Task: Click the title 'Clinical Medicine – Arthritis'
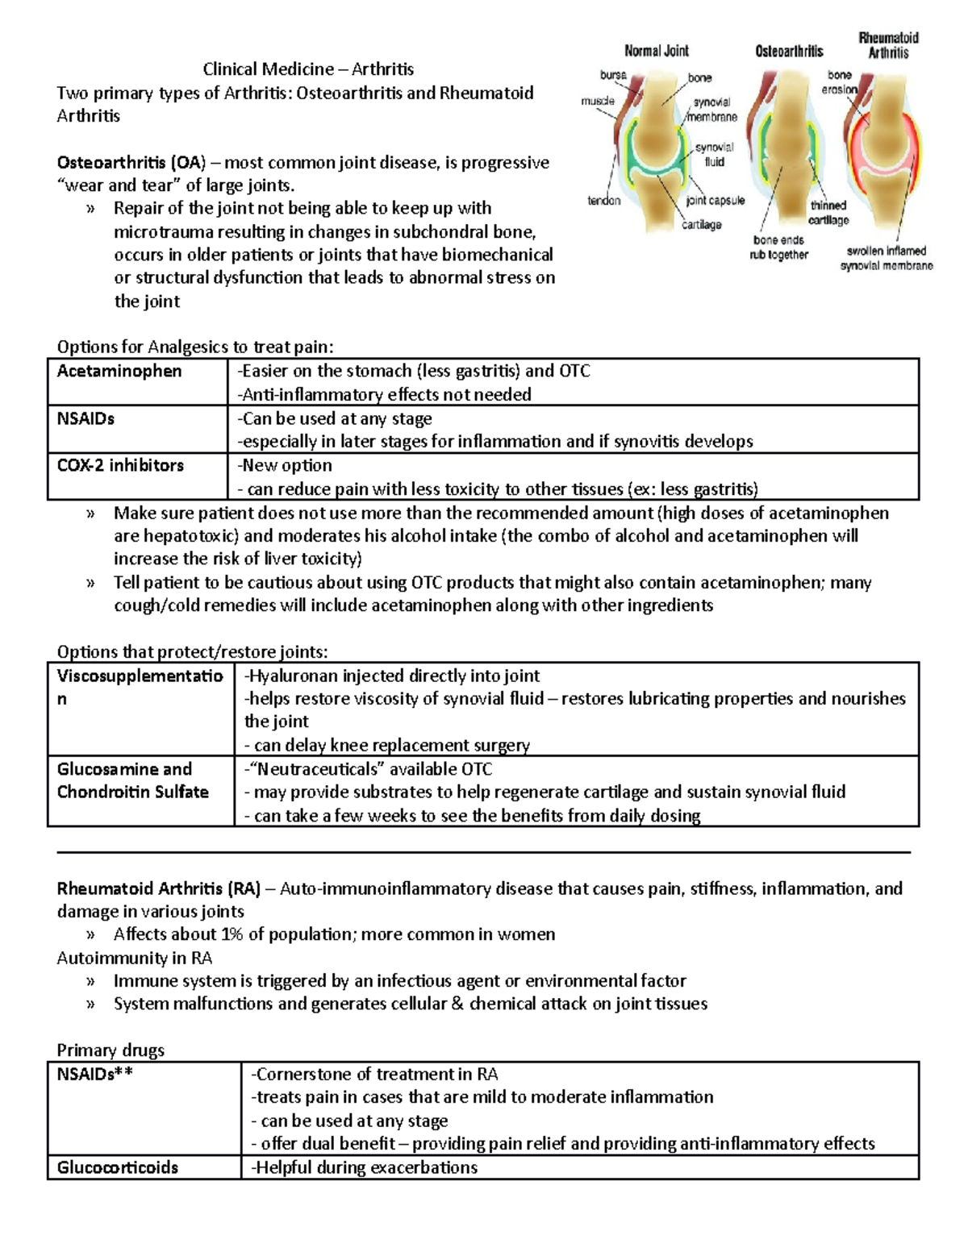pyautogui.click(x=308, y=69)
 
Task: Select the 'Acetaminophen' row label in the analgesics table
pyautogui.click(x=119, y=372)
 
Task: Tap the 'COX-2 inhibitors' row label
pyautogui.click(x=120, y=466)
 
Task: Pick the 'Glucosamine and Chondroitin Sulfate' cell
pyautogui.click(x=133, y=780)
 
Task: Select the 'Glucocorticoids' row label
pyautogui.click(x=118, y=1167)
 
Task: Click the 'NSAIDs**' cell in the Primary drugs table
pyautogui.click(x=94, y=1074)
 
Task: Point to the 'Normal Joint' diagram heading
pyautogui.click(x=657, y=51)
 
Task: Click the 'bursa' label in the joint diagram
pyautogui.click(x=613, y=75)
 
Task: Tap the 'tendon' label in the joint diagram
pyautogui.click(x=603, y=200)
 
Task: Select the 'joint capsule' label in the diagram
pyautogui.click(x=715, y=200)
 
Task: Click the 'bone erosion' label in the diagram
pyautogui.click(x=839, y=82)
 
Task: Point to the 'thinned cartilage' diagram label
pyautogui.click(x=828, y=213)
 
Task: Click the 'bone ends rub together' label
pyautogui.click(x=779, y=247)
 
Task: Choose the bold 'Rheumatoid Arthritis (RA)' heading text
pyautogui.click(x=158, y=888)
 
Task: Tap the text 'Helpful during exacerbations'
pyautogui.click(x=365, y=1167)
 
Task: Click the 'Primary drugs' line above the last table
pyautogui.click(x=111, y=1050)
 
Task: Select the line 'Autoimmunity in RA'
pyautogui.click(x=135, y=958)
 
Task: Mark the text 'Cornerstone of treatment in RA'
pyautogui.click(x=375, y=1074)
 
